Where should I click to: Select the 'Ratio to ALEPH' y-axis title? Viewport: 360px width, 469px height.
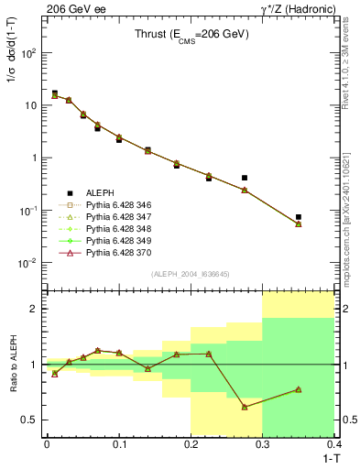pos(13,364)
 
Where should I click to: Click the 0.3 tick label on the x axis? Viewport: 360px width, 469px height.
pos(263,443)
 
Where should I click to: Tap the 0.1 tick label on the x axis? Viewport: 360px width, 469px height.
pos(119,443)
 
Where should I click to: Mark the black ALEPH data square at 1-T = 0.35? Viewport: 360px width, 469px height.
pos(299,217)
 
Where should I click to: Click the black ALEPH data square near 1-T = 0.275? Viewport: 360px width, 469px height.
pos(245,178)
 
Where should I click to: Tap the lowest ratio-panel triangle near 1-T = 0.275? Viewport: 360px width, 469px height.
pos(245,407)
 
